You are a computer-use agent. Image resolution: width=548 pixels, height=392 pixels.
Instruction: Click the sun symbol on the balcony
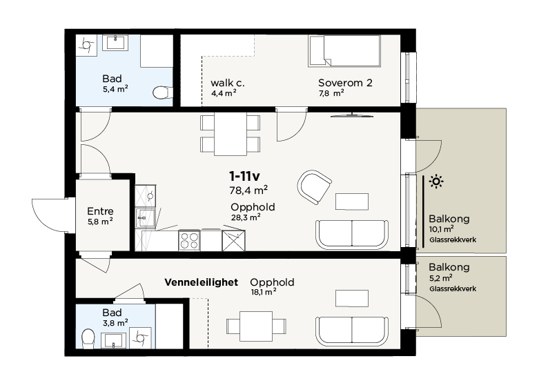click(436, 182)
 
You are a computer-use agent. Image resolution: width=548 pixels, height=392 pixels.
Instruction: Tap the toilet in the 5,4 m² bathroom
click(162, 92)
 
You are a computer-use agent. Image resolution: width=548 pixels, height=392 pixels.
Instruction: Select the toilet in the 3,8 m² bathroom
click(88, 338)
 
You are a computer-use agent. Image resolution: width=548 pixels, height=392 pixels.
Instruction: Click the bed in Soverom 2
click(344, 51)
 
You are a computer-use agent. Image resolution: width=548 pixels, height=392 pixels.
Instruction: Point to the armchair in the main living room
click(314, 187)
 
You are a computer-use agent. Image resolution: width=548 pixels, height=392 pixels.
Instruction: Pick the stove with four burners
click(189, 240)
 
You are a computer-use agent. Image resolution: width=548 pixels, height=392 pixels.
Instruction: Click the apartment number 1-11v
click(244, 177)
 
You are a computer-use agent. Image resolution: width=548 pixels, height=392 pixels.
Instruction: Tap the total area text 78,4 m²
click(248, 190)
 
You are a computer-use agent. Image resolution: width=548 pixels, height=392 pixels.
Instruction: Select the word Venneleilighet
click(202, 282)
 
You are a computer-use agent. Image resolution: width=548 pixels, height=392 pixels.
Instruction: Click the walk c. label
click(228, 83)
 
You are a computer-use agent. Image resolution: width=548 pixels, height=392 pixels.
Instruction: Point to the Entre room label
click(100, 211)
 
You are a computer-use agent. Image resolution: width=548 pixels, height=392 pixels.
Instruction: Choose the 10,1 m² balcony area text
click(442, 229)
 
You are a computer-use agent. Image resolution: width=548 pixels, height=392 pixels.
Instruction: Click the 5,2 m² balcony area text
click(441, 278)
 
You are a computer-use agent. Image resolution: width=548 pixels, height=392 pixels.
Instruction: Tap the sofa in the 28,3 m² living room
click(352, 235)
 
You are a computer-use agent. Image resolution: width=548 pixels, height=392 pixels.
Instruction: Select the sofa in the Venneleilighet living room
click(352, 331)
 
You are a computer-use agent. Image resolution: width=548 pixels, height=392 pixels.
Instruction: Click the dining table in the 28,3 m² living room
click(231, 134)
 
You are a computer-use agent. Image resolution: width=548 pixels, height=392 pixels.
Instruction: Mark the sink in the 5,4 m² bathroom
click(115, 43)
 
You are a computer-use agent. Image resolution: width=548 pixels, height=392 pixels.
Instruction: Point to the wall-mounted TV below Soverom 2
click(352, 115)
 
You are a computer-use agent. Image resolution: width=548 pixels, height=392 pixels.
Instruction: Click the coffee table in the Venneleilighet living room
click(352, 298)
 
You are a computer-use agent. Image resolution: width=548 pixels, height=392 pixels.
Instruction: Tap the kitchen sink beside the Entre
click(146, 217)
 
